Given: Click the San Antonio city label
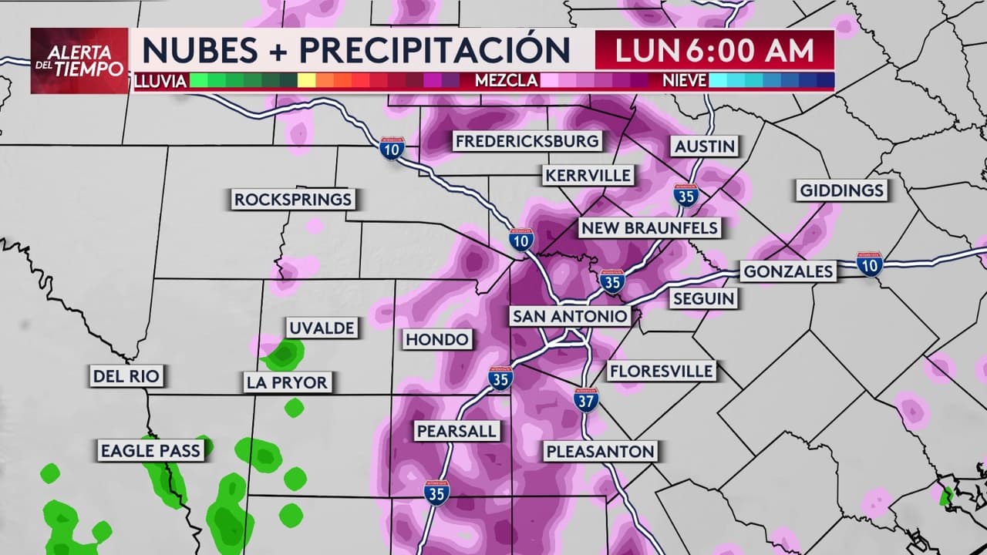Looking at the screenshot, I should click(570, 316).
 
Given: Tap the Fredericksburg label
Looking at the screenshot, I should click(527, 141).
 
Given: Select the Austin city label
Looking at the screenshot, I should click(705, 146).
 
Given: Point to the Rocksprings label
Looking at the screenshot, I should click(293, 200).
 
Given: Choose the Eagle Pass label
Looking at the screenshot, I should click(150, 451).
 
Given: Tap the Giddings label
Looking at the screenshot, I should click(842, 190).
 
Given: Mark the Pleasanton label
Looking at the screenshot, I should click(600, 452).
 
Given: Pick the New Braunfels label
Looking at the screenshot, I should click(649, 228).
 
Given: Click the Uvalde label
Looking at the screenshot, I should click(322, 328).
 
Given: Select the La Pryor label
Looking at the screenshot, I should click(287, 382).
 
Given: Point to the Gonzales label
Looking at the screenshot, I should click(787, 271).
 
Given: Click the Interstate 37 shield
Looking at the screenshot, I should click(586, 399).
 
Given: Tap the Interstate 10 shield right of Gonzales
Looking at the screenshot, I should click(869, 264).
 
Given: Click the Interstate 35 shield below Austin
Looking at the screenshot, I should click(686, 195).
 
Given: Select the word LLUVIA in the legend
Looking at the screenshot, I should click(160, 81).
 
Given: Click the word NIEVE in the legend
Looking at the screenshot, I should click(684, 81).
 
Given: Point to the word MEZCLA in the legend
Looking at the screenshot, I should click(506, 81).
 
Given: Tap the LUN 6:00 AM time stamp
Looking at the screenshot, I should click(714, 51).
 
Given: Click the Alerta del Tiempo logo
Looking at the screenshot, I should click(79, 61).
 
